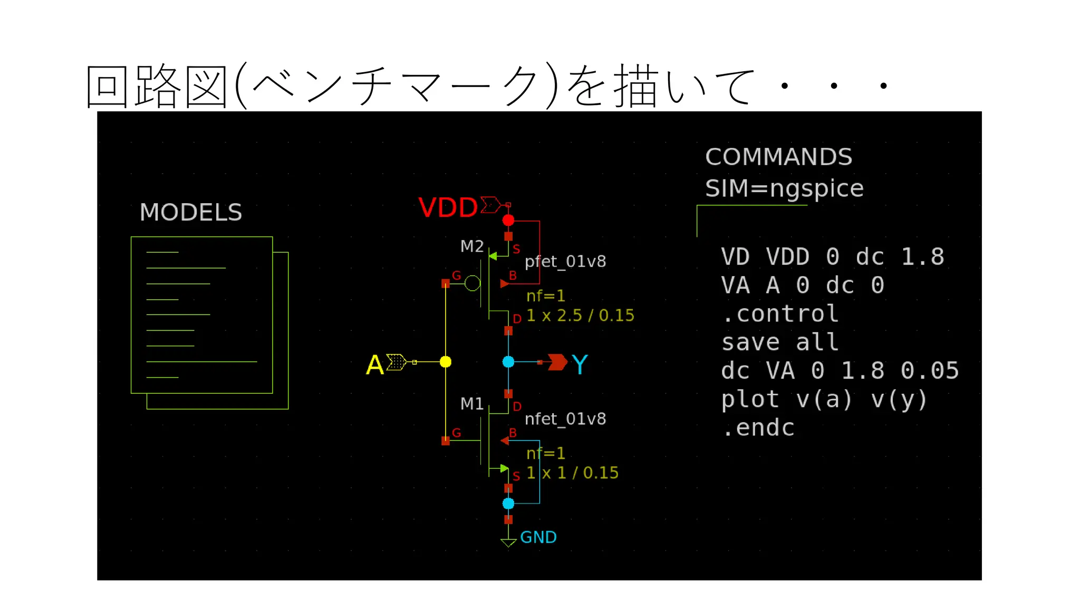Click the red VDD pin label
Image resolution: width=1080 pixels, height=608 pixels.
coord(448,207)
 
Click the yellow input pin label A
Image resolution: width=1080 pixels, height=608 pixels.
coord(374,365)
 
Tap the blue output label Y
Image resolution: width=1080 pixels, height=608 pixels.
coord(580,364)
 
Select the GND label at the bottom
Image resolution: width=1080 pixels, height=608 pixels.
coord(538,537)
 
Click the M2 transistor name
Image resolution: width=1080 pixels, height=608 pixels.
coord(471,246)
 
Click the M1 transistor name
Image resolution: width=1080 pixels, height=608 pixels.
coord(471,404)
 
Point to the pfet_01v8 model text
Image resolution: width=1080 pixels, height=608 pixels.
coord(565,261)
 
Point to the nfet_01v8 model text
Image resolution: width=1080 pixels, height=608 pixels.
coord(565,419)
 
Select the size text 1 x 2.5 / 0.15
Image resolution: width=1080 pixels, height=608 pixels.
coord(580,316)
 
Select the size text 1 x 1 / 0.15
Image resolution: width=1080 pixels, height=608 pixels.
coord(572,473)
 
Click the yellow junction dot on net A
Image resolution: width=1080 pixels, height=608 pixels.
coord(446,362)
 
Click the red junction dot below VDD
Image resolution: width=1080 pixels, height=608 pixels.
coord(508,220)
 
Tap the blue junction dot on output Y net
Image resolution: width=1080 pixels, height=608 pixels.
coord(508,362)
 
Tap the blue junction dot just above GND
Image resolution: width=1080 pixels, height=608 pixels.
coord(508,503)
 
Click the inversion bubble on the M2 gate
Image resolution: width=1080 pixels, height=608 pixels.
coord(472,283)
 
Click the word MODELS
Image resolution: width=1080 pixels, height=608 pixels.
coord(190,212)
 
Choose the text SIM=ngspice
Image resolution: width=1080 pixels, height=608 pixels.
coord(784,188)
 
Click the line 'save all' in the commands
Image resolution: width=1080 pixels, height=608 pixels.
coord(779,342)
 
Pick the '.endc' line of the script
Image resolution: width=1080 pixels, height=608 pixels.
coord(758,427)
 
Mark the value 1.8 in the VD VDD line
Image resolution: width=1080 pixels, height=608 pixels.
coord(922,256)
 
